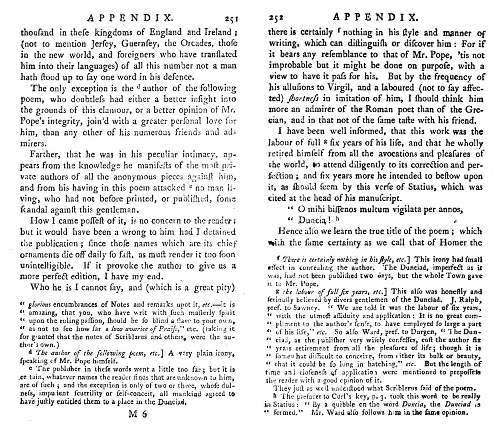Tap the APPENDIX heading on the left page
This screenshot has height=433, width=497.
(x=130, y=18)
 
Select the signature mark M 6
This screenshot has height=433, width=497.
(x=138, y=414)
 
